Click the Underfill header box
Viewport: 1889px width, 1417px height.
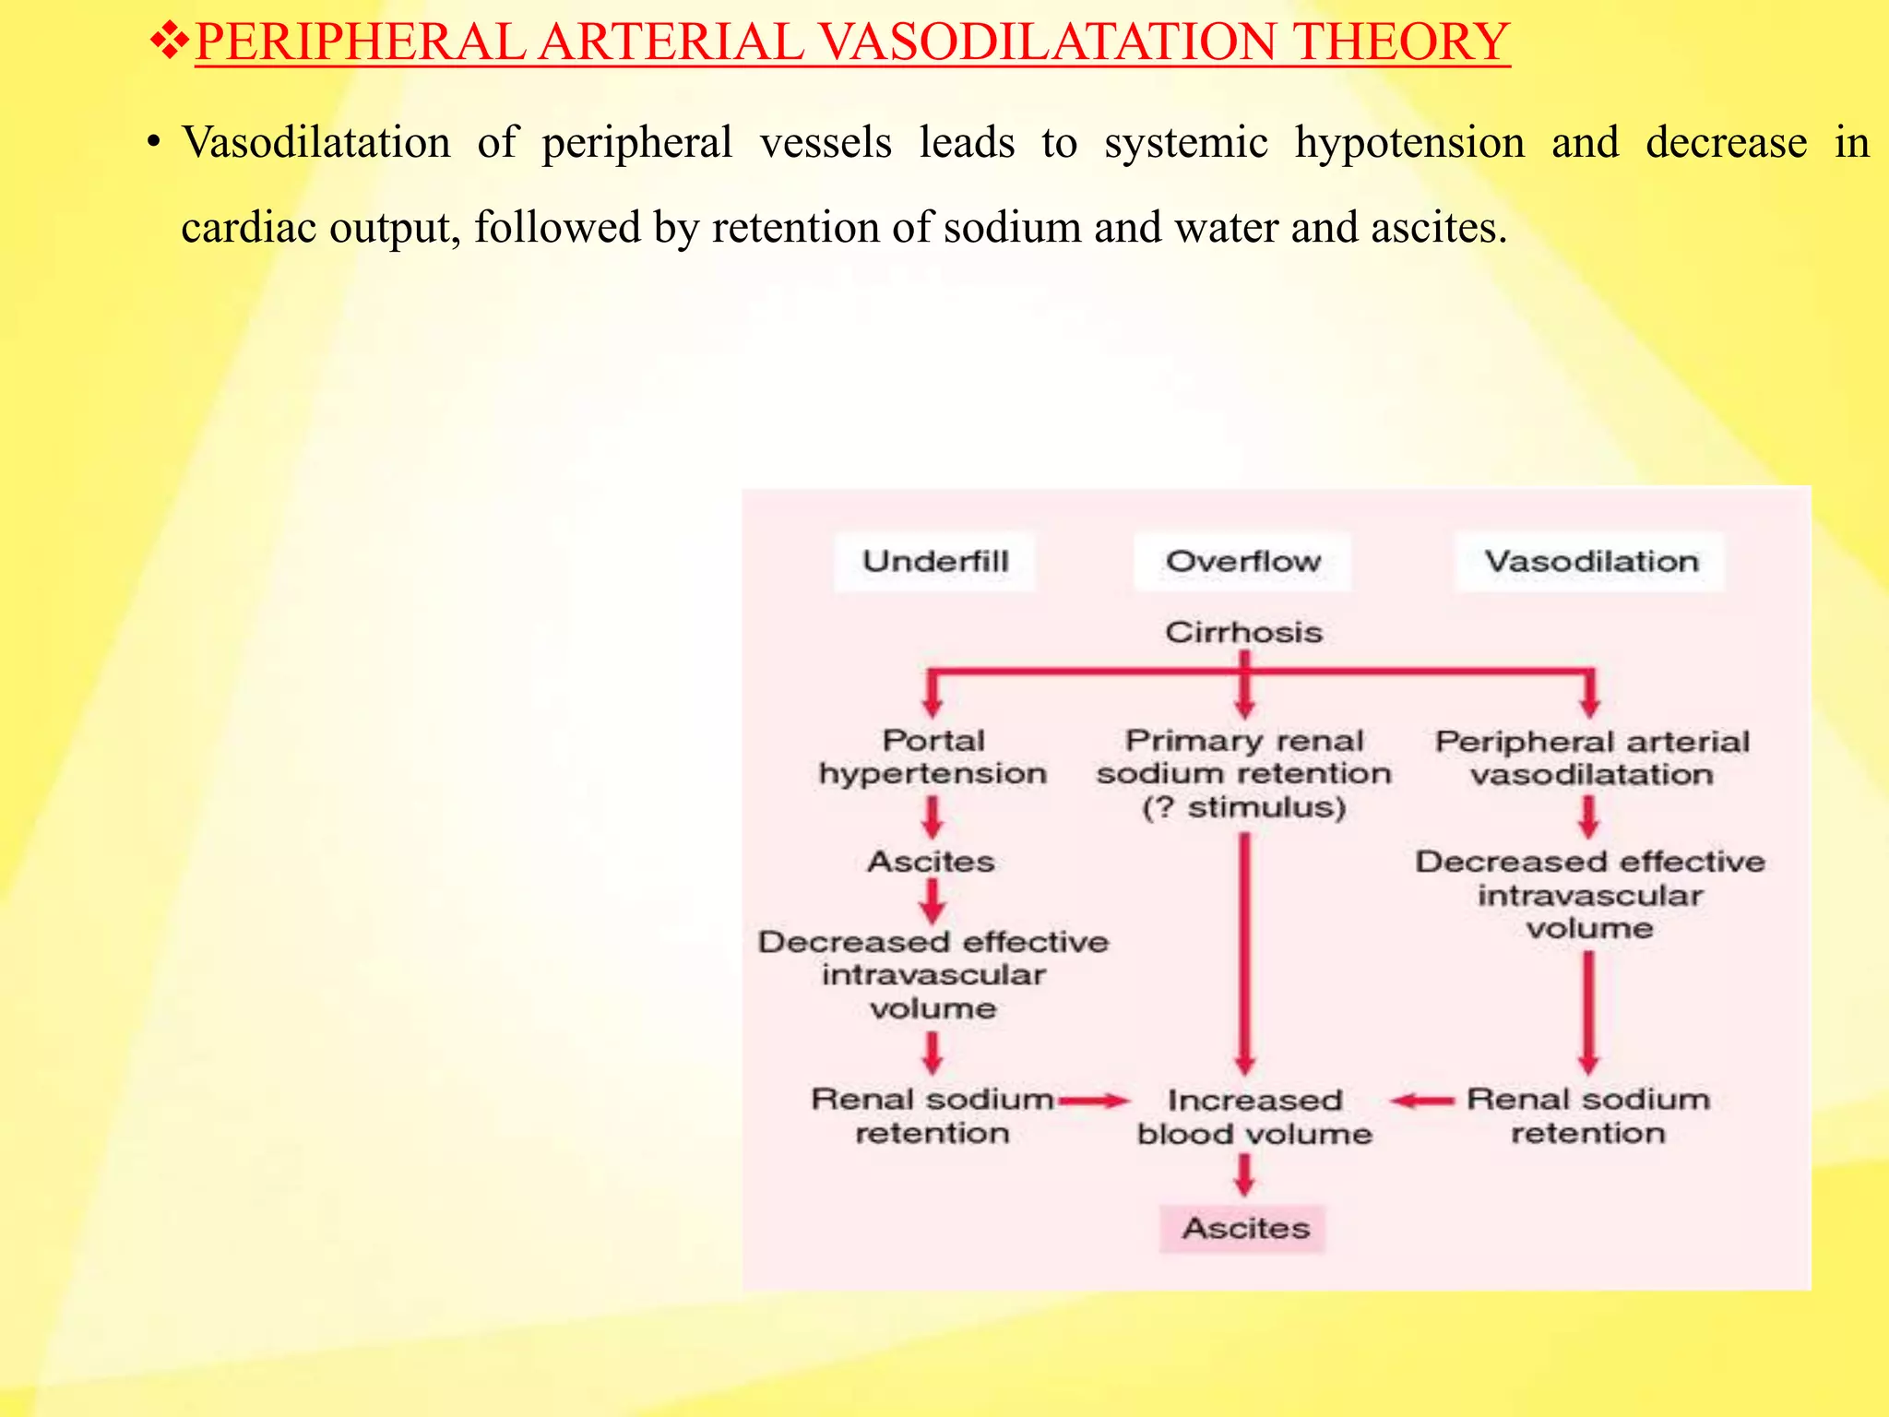(934, 561)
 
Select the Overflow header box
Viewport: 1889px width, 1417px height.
(1242, 561)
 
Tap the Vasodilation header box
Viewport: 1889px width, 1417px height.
(1590, 561)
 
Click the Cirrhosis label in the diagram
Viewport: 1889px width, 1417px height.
(1243, 633)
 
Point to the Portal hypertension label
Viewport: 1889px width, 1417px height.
(933, 756)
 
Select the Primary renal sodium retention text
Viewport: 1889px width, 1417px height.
(1243, 773)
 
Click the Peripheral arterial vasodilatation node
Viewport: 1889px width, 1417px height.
(1591, 757)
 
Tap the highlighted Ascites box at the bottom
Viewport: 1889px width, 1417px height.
(1243, 1228)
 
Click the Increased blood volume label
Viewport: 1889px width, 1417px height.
(1253, 1116)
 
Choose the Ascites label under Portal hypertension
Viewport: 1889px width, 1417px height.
(932, 862)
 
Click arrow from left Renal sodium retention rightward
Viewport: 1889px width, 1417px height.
(1094, 1101)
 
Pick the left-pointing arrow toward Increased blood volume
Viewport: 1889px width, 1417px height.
(1421, 1101)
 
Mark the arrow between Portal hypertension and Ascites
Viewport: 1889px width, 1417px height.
(933, 816)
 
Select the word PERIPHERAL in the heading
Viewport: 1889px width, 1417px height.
(360, 42)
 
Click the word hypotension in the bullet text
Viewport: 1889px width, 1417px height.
(1408, 143)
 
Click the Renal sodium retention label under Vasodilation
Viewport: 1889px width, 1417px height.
(1587, 1116)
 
